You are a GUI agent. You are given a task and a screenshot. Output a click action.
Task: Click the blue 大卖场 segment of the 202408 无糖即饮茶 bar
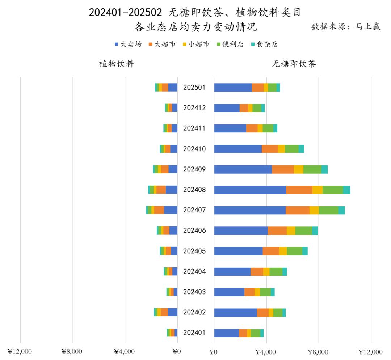250,190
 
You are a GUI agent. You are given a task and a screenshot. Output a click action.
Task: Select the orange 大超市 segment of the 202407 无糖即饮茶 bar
298,210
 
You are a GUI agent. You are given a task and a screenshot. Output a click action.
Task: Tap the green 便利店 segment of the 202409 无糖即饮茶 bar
312,169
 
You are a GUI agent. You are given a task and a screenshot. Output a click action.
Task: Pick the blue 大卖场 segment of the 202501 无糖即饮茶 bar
233,88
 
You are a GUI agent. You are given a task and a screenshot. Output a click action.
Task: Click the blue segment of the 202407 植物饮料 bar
171,210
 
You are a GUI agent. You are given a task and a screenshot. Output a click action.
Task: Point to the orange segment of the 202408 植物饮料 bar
161,190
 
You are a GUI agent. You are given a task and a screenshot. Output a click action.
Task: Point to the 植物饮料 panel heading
117,64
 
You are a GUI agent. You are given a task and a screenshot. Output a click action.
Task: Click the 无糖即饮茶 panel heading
294,64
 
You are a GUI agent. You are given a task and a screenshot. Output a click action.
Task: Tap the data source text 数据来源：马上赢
346,27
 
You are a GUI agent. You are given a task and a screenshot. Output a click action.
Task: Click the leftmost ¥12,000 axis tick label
20,352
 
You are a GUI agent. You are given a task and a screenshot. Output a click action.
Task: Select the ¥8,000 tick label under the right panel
318,352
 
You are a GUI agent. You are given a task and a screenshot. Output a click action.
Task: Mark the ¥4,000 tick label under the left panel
125,352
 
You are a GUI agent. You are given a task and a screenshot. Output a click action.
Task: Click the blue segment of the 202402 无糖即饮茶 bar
235,312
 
